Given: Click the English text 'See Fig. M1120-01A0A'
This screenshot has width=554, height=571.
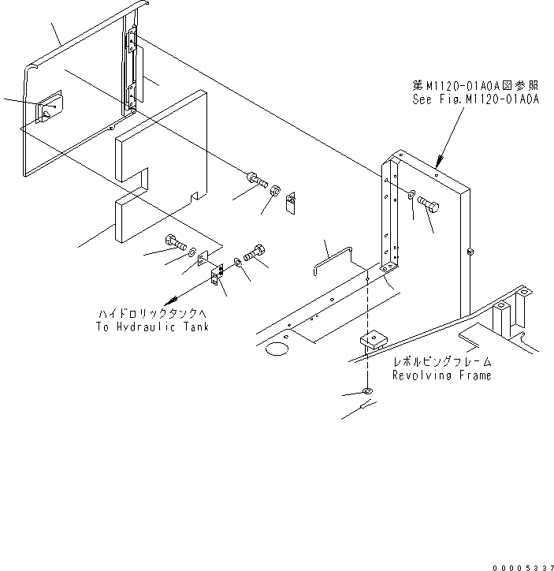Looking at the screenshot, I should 475,100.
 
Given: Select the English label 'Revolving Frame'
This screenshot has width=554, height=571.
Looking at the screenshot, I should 441,375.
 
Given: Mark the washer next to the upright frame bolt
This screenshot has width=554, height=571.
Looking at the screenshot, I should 415,193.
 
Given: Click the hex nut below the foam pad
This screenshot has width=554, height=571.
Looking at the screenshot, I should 275,192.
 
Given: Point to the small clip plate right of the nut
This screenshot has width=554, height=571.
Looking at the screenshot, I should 290,203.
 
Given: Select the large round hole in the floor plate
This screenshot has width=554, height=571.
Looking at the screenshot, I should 277,347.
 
